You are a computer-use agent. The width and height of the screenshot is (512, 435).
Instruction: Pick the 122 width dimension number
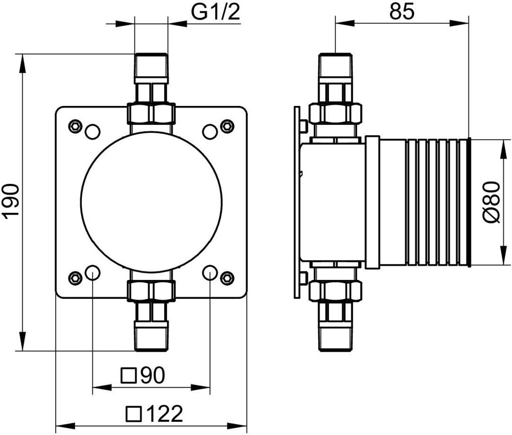tap(164, 414)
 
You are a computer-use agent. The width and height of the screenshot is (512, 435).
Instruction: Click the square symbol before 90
tap(128, 375)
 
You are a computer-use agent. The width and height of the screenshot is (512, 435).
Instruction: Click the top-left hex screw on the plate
tap(75, 127)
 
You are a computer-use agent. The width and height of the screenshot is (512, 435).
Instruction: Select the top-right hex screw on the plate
tap(227, 127)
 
